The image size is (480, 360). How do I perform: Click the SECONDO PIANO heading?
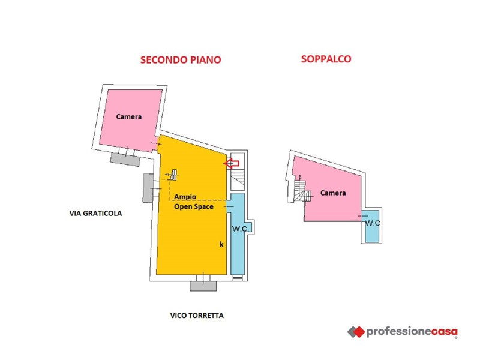pyautogui.click(x=181, y=59)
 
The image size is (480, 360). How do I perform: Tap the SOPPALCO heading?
pyautogui.click(x=326, y=59)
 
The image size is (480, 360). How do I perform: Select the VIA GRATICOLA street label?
pyautogui.click(x=95, y=214)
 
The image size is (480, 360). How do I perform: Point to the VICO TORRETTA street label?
pyautogui.click(x=197, y=316)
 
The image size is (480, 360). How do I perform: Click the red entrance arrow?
pyautogui.click(x=232, y=163)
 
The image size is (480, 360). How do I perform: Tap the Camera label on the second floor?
pyautogui.click(x=129, y=116)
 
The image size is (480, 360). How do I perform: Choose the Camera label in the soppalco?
pyautogui.click(x=333, y=193)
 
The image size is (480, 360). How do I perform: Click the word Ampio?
pyautogui.click(x=185, y=197)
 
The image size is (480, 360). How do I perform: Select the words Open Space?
pyautogui.click(x=194, y=206)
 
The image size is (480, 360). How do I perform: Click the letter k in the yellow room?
pyautogui.click(x=221, y=244)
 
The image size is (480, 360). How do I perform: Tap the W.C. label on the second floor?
pyautogui.click(x=240, y=229)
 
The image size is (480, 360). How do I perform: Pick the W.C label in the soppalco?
pyautogui.click(x=373, y=223)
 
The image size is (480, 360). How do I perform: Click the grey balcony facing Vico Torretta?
pyautogui.click(x=203, y=286)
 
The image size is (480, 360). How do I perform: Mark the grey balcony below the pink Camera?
pyautogui.click(x=125, y=159)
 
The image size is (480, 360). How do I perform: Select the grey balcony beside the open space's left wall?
pyautogui.click(x=148, y=188)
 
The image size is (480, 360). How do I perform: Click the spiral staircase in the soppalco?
pyautogui.click(x=301, y=190)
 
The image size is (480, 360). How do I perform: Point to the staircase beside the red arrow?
pyautogui.click(x=238, y=178)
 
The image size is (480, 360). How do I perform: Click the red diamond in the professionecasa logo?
pyautogui.click(x=359, y=332)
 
